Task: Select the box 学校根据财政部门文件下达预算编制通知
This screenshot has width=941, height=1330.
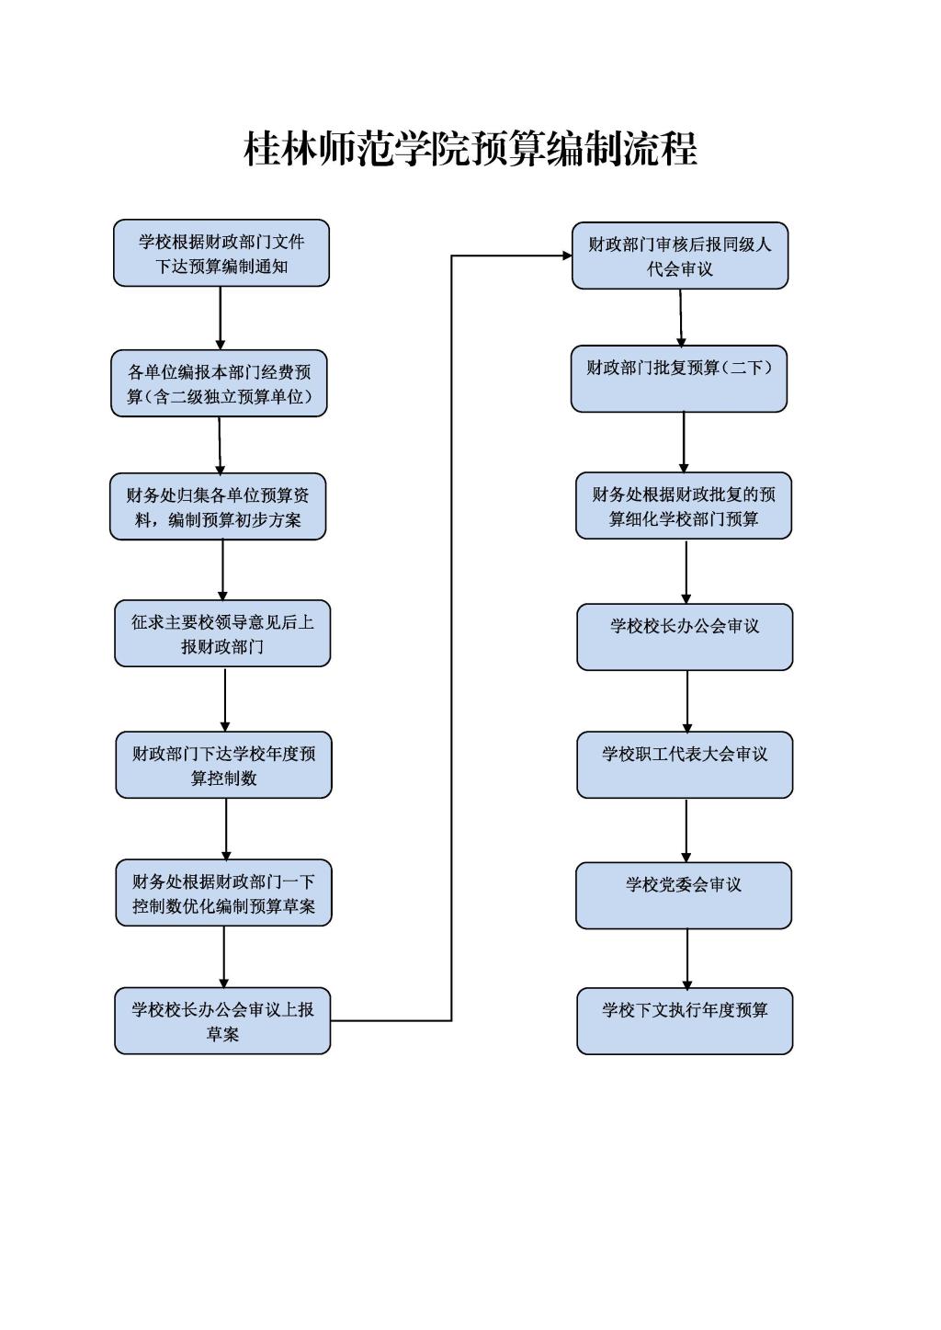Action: click(x=221, y=253)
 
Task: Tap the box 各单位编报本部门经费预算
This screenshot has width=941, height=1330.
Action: click(x=219, y=383)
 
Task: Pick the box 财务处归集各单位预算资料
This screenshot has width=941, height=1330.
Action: click(x=218, y=506)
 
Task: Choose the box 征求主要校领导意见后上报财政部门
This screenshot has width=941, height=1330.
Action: click(x=222, y=633)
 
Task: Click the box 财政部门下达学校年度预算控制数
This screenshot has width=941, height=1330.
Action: click(x=224, y=765)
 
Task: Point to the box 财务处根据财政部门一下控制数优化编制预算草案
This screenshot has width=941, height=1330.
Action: click(x=224, y=892)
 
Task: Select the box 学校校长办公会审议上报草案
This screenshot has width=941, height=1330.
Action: click(x=222, y=1020)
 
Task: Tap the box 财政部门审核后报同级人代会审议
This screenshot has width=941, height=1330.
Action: click(x=680, y=256)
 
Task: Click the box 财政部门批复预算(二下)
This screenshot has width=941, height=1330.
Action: click(x=679, y=379)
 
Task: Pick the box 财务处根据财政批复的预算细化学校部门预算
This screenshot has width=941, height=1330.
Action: click(x=684, y=506)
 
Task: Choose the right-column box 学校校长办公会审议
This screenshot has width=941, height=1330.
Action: click(x=686, y=637)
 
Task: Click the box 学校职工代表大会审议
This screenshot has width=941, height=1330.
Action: click(x=686, y=765)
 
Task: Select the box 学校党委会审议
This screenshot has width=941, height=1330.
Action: click(x=684, y=895)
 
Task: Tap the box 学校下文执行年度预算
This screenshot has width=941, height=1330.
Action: click(x=686, y=1021)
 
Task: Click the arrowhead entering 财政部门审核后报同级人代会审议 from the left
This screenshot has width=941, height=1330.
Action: click(x=567, y=256)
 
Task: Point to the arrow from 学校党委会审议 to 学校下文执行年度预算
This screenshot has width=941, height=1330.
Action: click(x=687, y=959)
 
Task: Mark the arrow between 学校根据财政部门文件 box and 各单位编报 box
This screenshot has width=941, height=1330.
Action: click(x=221, y=318)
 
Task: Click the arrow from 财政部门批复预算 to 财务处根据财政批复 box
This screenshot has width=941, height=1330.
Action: click(x=684, y=442)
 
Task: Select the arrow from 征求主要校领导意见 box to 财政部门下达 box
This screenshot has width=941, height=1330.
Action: click(x=225, y=699)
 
